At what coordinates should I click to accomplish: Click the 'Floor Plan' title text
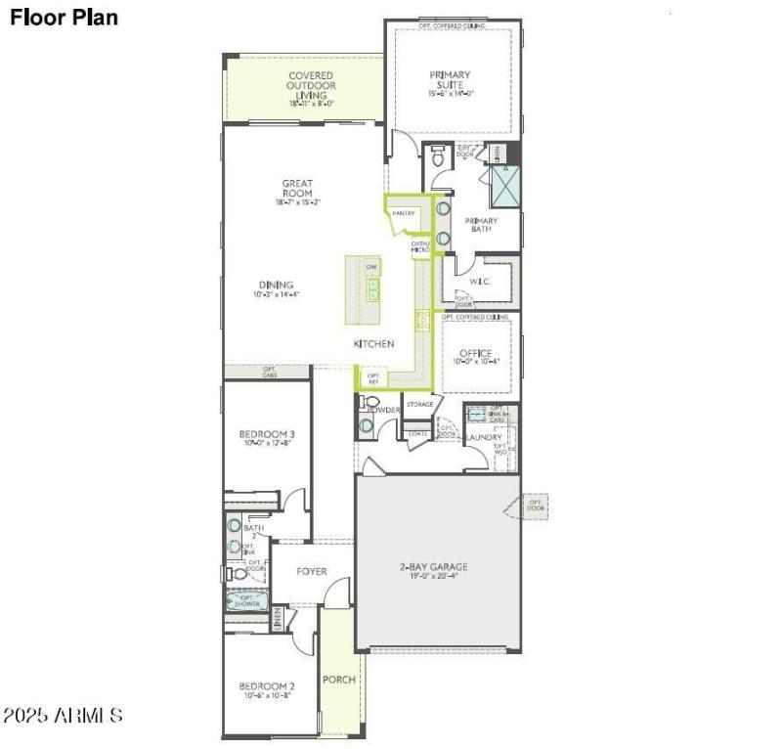coord(65,18)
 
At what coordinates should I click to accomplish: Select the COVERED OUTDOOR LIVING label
coord(311,82)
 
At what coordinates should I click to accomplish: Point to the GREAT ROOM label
coord(296,188)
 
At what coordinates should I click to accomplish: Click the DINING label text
coord(277,285)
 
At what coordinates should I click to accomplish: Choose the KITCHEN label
coord(373,344)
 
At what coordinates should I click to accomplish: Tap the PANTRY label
coord(404,213)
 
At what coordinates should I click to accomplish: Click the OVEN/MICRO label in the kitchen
coord(420,247)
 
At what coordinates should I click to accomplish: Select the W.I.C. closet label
coord(479,282)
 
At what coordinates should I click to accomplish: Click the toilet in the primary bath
coord(438,154)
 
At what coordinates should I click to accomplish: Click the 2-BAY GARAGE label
coord(433,566)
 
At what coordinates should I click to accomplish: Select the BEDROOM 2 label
coord(267,686)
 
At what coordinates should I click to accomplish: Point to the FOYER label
coord(312,571)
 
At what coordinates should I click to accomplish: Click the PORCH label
coord(339,680)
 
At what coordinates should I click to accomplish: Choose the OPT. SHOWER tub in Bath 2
coord(247,600)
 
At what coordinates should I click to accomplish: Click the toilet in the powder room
coord(370,403)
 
